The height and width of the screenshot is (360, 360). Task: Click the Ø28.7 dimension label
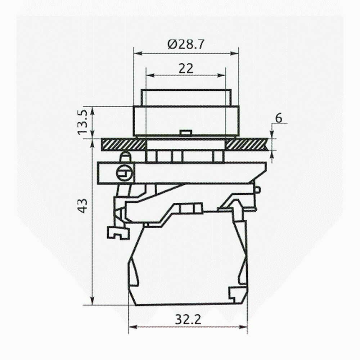coord(185,44)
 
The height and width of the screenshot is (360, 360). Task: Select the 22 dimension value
coord(186,68)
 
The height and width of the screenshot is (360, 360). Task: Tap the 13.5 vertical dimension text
coord(82,122)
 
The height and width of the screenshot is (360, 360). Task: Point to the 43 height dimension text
coord(82,206)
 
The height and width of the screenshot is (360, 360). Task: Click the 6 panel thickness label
coord(279,118)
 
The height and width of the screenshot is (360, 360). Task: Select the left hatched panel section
coord(123,144)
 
